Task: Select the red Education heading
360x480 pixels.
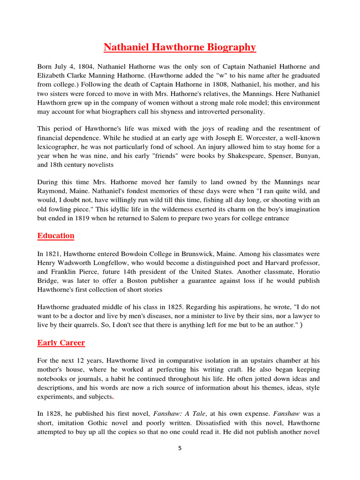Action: click(x=56, y=236)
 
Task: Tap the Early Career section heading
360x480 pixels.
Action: click(x=61, y=343)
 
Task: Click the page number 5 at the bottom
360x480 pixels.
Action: click(x=180, y=448)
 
